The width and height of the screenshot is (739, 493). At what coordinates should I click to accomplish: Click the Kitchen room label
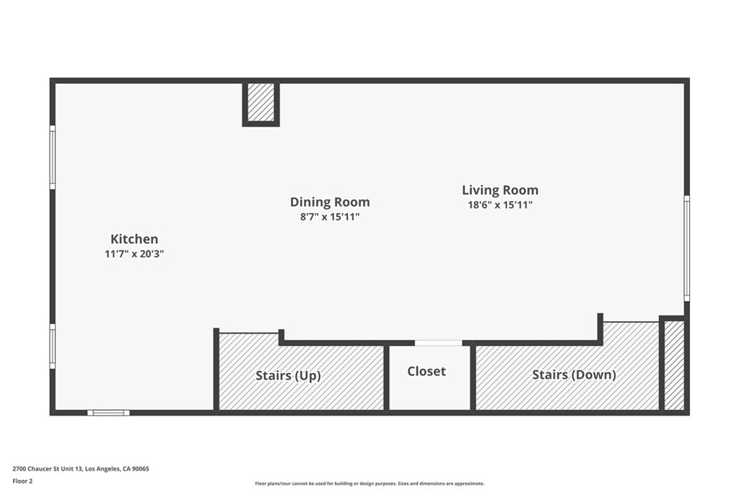(x=134, y=239)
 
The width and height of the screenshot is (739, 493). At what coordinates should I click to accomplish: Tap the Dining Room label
(x=330, y=201)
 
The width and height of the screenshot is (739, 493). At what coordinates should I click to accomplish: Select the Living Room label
(x=500, y=190)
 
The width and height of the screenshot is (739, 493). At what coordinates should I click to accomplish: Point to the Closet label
(x=427, y=372)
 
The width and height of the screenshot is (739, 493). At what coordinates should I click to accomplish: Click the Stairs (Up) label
(x=288, y=375)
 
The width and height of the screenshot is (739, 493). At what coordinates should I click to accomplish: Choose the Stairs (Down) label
(x=574, y=375)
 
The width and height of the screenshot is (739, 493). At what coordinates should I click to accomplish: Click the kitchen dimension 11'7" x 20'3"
(x=134, y=254)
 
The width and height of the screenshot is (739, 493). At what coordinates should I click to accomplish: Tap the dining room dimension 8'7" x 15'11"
(x=330, y=217)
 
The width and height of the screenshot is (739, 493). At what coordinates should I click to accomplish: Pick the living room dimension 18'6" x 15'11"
(x=500, y=204)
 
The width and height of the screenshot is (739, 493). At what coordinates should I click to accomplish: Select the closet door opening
(x=438, y=343)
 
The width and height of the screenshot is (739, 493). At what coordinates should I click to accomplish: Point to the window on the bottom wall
(x=108, y=413)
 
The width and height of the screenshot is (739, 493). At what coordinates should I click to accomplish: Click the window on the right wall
(x=687, y=248)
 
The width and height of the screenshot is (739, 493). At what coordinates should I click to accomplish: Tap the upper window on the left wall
(x=52, y=157)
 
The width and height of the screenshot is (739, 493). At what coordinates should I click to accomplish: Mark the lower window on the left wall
(x=52, y=346)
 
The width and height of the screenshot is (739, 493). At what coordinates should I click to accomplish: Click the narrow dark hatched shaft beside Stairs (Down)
(x=674, y=365)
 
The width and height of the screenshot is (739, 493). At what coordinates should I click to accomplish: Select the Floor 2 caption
(x=22, y=481)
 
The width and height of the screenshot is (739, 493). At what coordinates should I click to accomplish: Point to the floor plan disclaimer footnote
(x=369, y=484)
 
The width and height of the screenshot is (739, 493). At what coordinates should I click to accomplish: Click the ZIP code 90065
(x=141, y=469)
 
